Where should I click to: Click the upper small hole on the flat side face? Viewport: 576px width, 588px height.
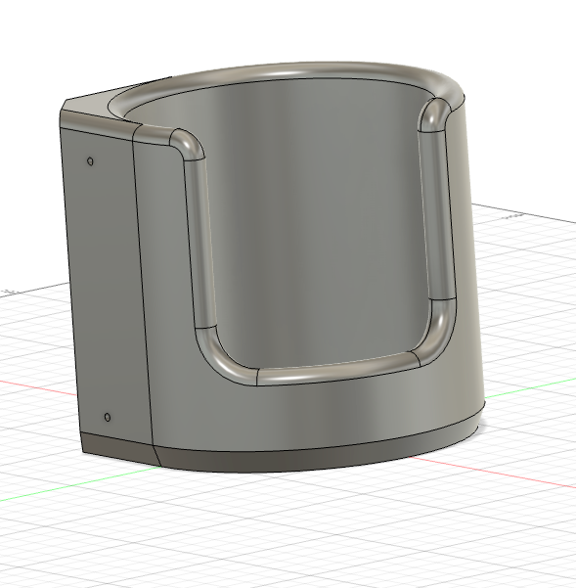(x=91, y=160)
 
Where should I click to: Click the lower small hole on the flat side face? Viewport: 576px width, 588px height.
(x=108, y=418)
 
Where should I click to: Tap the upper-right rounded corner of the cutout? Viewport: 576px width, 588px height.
(x=434, y=114)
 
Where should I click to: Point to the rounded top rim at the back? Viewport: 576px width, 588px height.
(x=293, y=74)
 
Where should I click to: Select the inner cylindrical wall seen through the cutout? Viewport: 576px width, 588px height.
(x=313, y=225)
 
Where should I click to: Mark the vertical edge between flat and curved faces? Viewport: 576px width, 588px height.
(x=143, y=294)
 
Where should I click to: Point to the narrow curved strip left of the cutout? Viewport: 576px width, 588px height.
(x=161, y=294)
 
